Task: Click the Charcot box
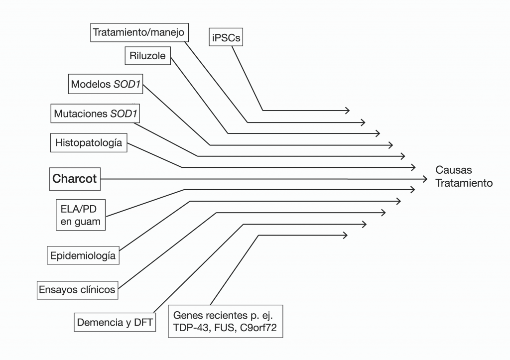tap(75, 179)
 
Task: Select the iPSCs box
tap(226, 37)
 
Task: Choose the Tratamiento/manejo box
tap(139, 33)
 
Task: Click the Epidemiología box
tap(83, 256)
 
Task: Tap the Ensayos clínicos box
tap(78, 289)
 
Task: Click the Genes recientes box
tap(226, 322)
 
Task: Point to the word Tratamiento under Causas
tap(464, 183)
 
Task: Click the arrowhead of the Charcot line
tap(425, 179)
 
